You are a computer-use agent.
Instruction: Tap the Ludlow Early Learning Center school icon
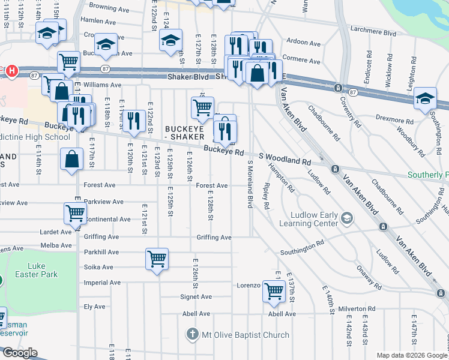346,217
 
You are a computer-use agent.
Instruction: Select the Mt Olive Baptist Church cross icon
192,334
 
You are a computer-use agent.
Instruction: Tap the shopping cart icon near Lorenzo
274,291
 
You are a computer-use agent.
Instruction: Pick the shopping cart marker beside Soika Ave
157,259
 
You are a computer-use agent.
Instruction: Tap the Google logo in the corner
20,353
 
